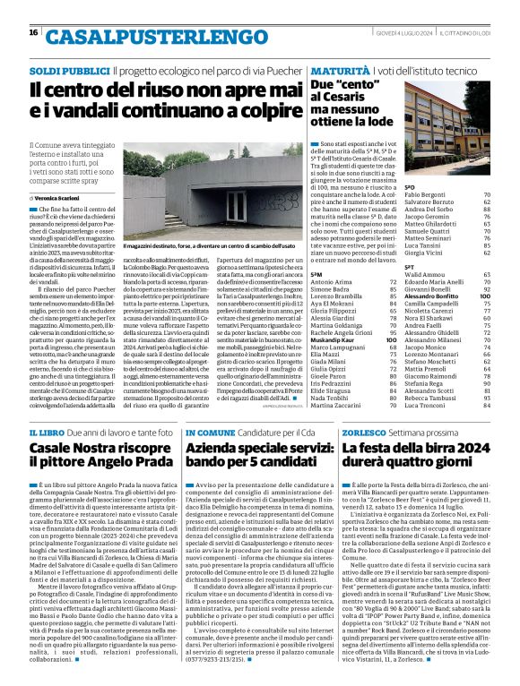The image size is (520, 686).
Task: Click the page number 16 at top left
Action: click(x=34, y=33)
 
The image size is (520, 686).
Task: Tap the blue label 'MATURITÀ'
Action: click(x=336, y=70)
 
